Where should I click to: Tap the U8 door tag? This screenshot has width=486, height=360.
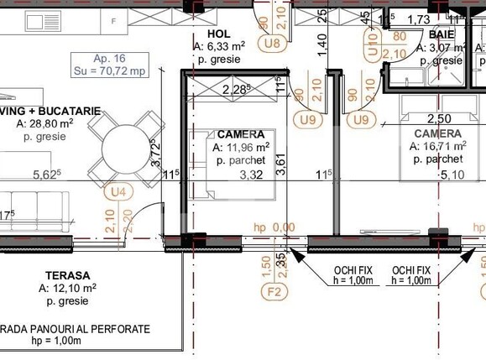271,42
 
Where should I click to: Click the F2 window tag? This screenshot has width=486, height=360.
273,293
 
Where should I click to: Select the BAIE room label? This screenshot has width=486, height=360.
442,34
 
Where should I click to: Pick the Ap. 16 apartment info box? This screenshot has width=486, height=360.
110,65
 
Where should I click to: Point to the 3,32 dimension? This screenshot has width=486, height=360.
252,175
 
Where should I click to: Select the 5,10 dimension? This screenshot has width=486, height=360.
452,175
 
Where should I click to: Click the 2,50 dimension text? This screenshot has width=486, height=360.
441,120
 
